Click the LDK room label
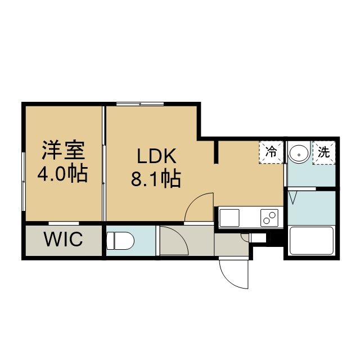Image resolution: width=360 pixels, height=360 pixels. tap(156, 156)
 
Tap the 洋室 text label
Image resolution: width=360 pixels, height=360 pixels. tap(64, 150)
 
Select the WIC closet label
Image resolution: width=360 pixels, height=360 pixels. tap(64, 239)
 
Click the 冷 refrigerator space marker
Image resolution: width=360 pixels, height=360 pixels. tap(271, 152)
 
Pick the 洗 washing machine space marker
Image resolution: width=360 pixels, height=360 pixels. tap(324, 152)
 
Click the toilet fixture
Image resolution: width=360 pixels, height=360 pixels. tap(120, 240)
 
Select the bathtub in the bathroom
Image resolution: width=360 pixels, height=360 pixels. tap(312, 241)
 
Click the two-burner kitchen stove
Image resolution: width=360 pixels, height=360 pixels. tap(269, 218)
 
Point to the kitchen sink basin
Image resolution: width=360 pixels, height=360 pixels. tap(229, 218)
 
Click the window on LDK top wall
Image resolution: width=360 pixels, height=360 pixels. tap(140, 104)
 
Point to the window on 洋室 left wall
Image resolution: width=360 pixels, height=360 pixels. tap(24, 181)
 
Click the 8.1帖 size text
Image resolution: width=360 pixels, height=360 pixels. tap(156, 179)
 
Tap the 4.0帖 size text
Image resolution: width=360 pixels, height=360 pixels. tap(62, 173)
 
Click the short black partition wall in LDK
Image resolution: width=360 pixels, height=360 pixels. tap(216, 152)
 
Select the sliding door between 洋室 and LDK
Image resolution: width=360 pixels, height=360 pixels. tap(104, 163)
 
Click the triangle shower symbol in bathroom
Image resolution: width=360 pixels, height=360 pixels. tap(292, 197)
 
